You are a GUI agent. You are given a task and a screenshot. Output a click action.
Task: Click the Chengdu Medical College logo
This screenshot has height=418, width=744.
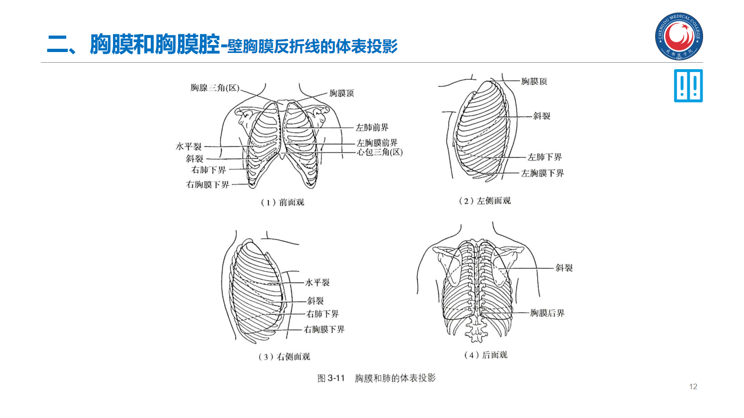679,36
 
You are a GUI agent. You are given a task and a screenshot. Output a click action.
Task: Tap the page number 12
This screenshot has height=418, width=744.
693,386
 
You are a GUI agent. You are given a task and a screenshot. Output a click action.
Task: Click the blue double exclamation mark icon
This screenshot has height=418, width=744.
688,86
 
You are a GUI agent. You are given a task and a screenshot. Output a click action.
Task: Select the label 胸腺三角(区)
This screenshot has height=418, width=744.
215,88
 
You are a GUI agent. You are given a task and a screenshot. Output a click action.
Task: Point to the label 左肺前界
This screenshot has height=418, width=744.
372,127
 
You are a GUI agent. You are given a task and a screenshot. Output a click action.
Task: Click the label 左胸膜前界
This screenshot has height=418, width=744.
377,143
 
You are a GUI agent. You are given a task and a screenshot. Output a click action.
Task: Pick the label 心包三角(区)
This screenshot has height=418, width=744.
380,152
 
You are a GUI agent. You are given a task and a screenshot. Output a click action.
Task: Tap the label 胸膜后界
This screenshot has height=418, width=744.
547,313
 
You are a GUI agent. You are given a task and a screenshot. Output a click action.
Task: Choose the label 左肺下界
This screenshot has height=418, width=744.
545,157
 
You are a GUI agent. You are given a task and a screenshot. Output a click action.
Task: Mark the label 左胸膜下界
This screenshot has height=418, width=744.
542,173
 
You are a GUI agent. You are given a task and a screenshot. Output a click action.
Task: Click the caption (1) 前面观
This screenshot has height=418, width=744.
282,202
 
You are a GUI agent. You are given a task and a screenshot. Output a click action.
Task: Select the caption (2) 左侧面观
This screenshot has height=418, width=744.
485,201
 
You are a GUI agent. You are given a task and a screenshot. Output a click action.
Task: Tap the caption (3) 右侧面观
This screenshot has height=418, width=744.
284,357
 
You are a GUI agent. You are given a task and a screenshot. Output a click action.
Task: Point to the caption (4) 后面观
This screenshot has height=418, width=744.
485,355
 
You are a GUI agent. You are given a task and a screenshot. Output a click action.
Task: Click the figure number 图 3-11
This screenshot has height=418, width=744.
331,378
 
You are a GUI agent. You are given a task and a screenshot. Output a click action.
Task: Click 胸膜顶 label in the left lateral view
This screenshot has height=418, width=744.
534,81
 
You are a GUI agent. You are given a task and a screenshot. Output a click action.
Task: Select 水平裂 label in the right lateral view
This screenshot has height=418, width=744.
317,282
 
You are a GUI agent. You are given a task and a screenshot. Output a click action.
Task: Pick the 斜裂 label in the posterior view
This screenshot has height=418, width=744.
564,268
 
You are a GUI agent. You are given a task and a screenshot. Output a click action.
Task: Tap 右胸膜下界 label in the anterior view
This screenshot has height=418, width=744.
208,184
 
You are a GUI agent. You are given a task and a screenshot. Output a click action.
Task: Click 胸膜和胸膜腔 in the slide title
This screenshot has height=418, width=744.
154,45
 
